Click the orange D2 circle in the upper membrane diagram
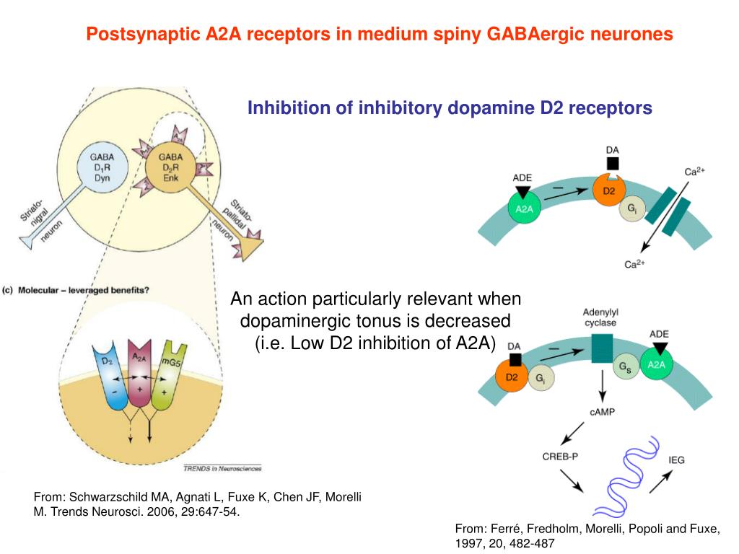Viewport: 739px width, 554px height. (608, 191)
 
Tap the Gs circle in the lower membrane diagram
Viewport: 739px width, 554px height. (625, 366)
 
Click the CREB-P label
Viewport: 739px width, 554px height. (560, 456)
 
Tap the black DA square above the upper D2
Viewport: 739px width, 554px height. (612, 164)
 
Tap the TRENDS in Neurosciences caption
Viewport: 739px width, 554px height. (222, 467)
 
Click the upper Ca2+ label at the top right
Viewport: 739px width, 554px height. (694, 172)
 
